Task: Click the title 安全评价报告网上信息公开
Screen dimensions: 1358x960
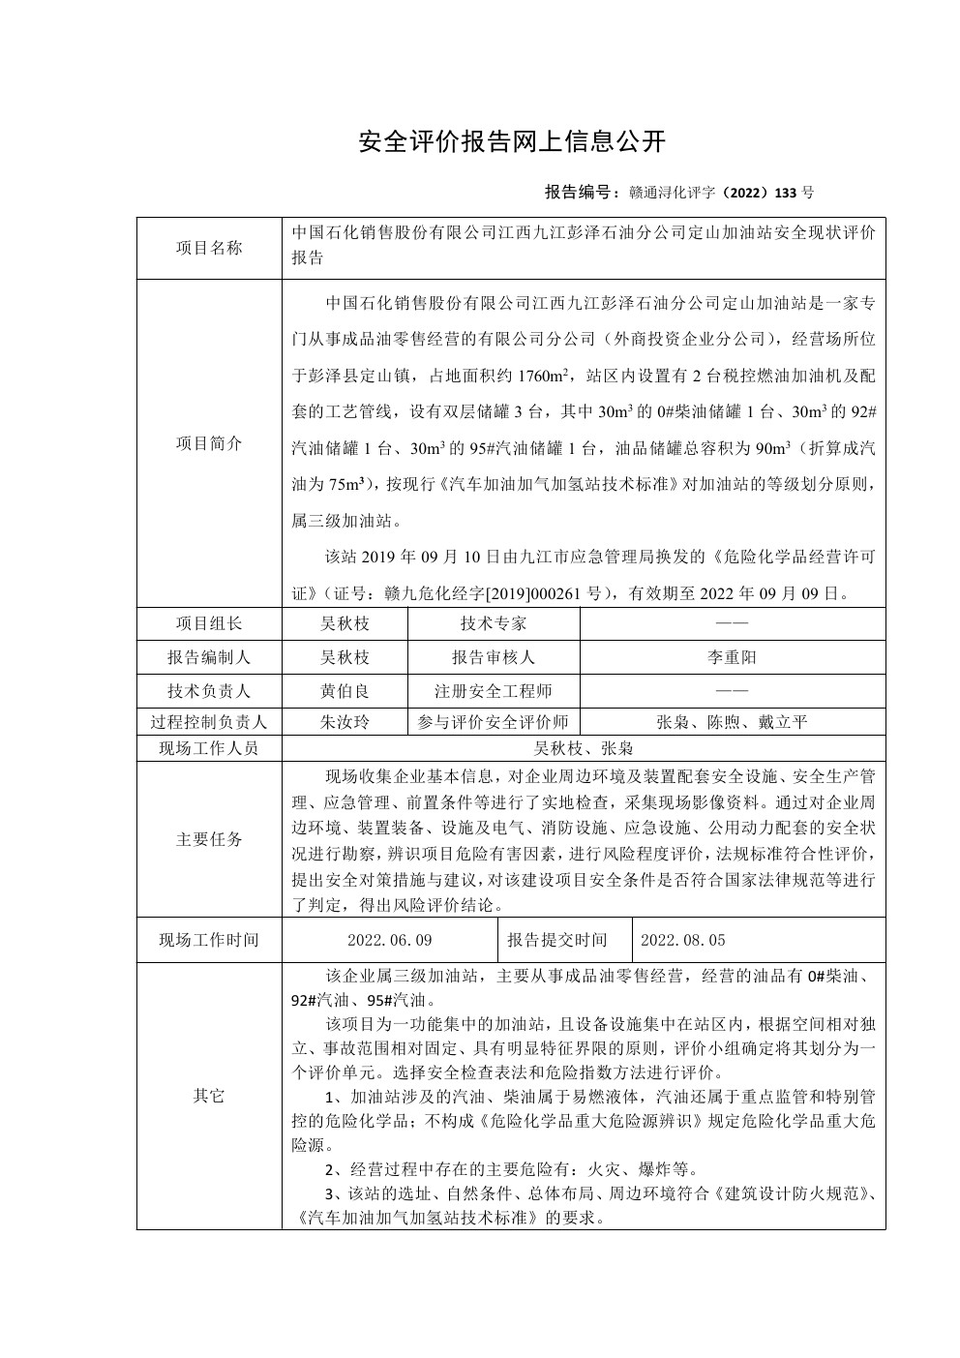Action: (512, 141)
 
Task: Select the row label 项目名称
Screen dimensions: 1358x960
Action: (209, 248)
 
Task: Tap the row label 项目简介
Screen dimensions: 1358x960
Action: (209, 443)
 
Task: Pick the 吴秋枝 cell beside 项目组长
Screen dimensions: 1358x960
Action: (345, 623)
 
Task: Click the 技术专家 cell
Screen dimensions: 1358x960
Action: (494, 623)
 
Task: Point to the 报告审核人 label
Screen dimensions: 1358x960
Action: (494, 657)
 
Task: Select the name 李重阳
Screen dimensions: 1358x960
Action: (732, 657)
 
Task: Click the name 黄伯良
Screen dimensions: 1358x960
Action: (345, 691)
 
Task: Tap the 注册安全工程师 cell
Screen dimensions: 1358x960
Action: (494, 691)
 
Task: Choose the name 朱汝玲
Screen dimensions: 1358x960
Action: (345, 722)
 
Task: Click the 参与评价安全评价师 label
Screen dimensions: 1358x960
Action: (494, 722)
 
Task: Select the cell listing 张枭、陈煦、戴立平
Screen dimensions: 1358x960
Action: (732, 722)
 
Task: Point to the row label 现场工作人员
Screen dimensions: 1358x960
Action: (209, 748)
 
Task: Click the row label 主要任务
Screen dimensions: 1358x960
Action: (209, 839)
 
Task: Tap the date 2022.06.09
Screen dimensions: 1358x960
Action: (389, 940)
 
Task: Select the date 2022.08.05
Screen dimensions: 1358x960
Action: (683, 940)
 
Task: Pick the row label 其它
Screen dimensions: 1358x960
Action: (209, 1096)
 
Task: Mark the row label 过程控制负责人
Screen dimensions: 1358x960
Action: (209, 722)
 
